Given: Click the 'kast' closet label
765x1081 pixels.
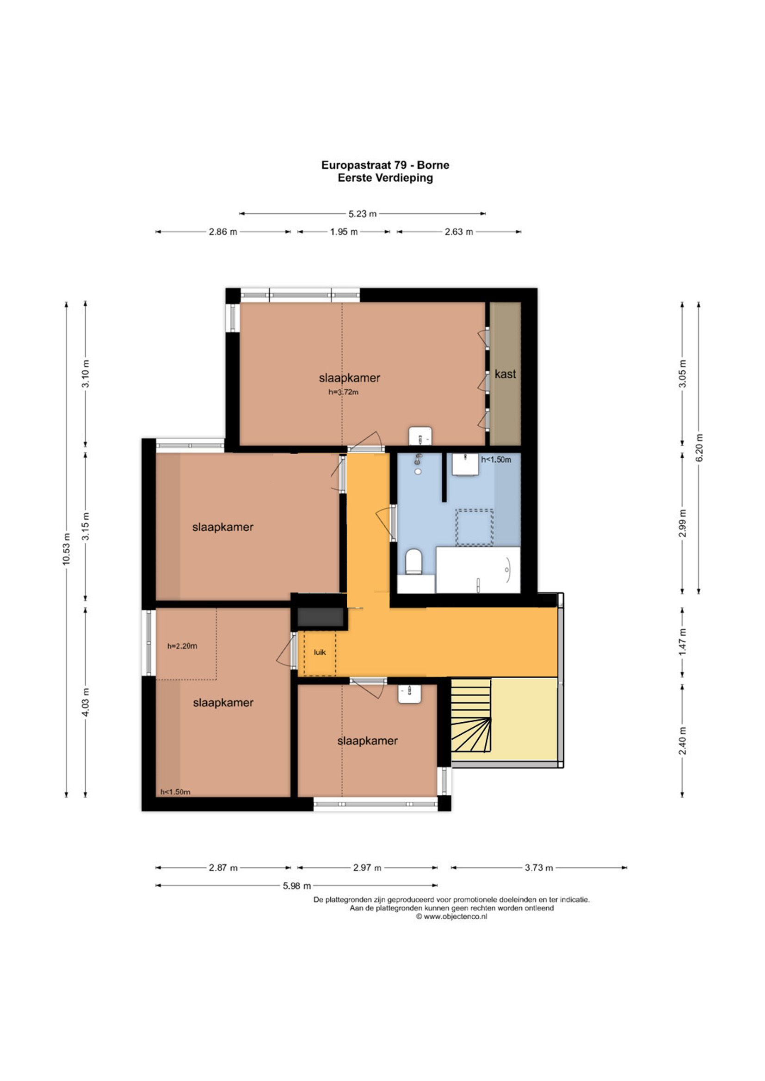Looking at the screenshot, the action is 505,375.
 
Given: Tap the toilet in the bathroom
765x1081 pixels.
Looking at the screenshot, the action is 413,561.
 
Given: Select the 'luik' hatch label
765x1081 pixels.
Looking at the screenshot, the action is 320,652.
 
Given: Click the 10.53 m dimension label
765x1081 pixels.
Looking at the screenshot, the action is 67,548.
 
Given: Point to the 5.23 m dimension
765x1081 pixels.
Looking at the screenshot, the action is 362,214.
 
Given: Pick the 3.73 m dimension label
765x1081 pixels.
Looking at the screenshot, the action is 539,867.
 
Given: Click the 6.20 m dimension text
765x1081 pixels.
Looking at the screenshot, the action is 699,447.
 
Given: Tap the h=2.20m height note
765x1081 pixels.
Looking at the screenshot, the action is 182,646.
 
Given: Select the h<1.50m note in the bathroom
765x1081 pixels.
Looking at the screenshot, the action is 495,460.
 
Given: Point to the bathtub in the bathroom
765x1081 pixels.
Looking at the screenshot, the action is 478,570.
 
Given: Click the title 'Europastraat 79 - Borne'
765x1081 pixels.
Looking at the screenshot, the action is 385,165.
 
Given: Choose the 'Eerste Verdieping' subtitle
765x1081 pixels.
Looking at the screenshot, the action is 385,178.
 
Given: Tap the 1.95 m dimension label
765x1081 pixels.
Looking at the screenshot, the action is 343,232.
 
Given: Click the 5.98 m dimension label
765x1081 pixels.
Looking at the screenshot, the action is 297,885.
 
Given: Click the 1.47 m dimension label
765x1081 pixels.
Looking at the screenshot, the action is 683,641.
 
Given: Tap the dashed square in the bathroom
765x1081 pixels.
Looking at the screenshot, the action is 475,527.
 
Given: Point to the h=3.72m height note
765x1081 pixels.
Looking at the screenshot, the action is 343,392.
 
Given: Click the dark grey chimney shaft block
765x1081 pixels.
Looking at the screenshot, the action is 320,617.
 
